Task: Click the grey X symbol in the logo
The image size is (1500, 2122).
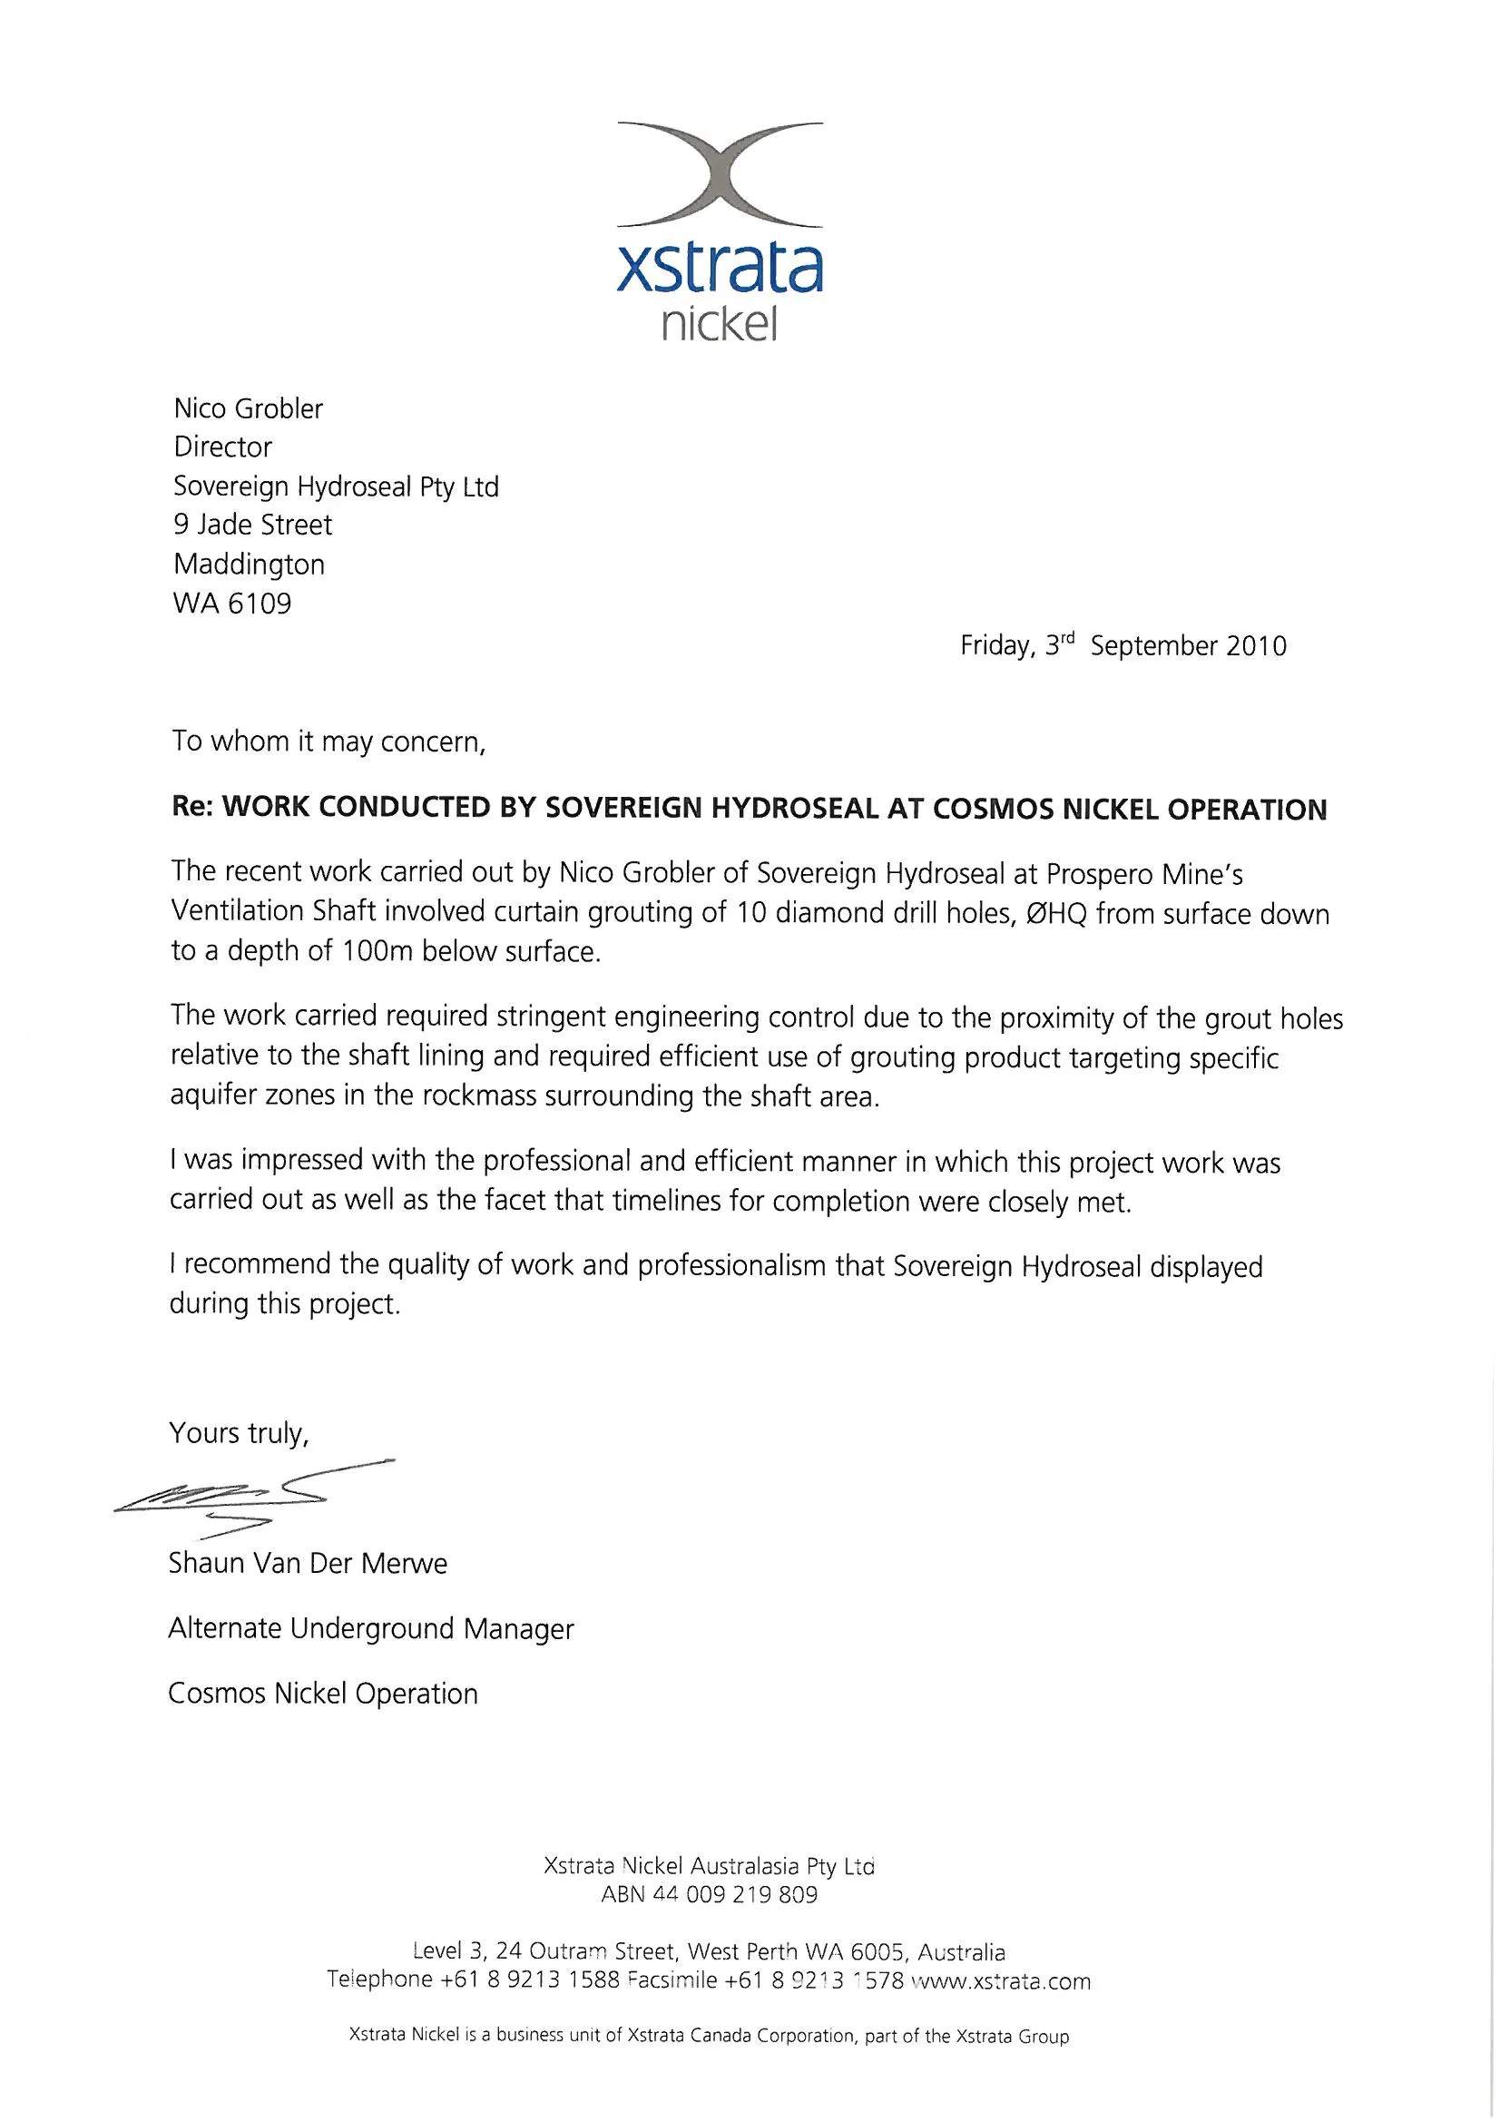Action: click(x=720, y=173)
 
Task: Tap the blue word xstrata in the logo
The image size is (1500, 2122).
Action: click(x=719, y=267)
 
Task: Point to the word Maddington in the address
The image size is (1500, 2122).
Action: click(x=249, y=564)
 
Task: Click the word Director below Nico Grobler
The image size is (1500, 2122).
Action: click(x=222, y=447)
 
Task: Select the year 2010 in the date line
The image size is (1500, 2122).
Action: click(x=1256, y=645)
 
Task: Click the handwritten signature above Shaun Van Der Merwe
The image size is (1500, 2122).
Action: click(x=250, y=1491)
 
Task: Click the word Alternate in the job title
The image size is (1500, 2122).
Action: click(x=224, y=1627)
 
